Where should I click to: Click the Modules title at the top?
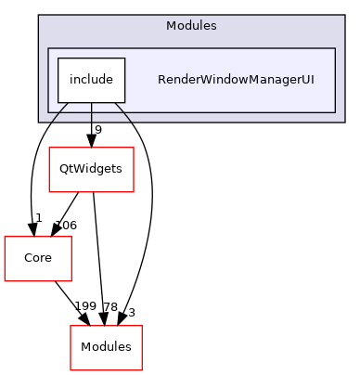(x=190, y=25)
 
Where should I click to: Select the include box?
(x=90, y=80)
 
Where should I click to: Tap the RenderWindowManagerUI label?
(x=235, y=80)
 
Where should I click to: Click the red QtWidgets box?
(x=90, y=169)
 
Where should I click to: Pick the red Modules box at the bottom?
(x=106, y=347)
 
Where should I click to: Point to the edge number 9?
(x=97, y=129)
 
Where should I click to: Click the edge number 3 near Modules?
(x=131, y=313)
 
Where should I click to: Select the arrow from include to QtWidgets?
(x=90, y=121)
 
